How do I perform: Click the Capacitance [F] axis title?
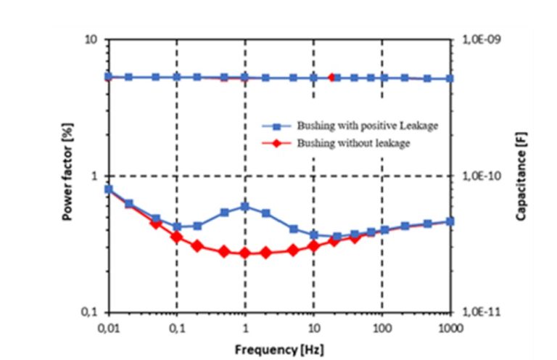pyautogui.click(x=521, y=176)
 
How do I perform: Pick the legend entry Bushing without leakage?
pyautogui.click(x=353, y=143)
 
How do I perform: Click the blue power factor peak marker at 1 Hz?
pyautogui.click(x=244, y=206)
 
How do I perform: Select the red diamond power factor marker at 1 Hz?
pyautogui.click(x=244, y=253)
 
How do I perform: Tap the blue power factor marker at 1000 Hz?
pyautogui.click(x=450, y=221)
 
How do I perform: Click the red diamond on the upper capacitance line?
pyautogui.click(x=332, y=77)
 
